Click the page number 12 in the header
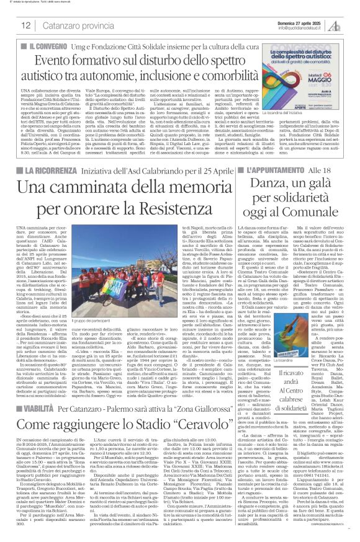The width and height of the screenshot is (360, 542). click(26, 25)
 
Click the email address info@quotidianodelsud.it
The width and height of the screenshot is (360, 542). click(301, 27)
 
